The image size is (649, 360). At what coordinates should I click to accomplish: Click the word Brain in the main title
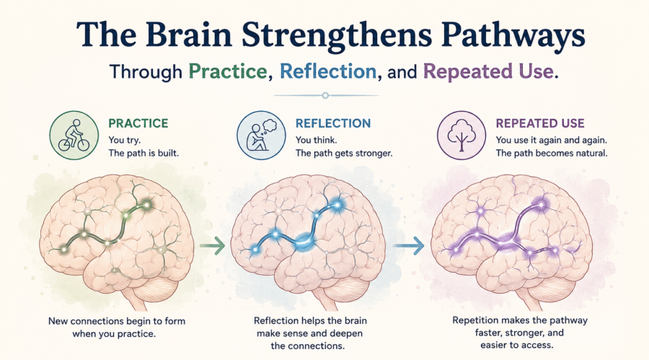[x=188, y=35]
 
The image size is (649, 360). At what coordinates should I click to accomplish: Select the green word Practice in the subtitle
[x=228, y=71]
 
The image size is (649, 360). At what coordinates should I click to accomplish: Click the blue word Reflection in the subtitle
[x=328, y=71]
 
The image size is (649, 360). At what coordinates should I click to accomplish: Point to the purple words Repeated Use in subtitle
[x=488, y=71]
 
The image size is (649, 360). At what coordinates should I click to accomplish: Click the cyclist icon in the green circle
[x=74, y=136]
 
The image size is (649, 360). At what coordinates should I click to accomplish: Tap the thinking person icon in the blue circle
[x=261, y=135]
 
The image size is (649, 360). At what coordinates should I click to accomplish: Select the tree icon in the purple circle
[x=461, y=136]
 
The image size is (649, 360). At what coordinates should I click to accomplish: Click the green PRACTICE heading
[x=138, y=123]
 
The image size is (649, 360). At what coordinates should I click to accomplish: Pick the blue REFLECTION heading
[x=333, y=123]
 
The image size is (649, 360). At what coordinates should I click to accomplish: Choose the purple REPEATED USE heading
[x=540, y=123]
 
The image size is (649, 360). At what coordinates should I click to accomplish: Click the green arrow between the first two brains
[x=212, y=246]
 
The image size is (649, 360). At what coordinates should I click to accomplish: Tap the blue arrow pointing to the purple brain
[x=409, y=246]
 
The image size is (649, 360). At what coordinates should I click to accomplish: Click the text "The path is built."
[x=144, y=153]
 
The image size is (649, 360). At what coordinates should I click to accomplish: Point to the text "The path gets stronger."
[x=344, y=153]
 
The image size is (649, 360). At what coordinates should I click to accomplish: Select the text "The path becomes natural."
[x=552, y=153]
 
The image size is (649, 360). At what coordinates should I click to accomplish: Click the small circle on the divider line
[x=325, y=96]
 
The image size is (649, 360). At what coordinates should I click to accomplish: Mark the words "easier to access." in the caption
[x=516, y=345]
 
